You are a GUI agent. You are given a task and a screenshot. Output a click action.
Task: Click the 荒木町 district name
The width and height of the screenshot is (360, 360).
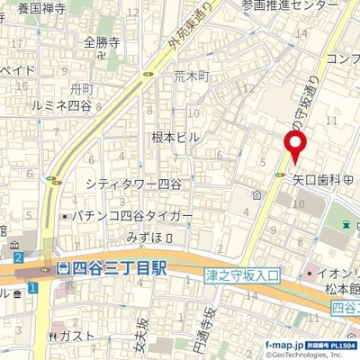point(191,77)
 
